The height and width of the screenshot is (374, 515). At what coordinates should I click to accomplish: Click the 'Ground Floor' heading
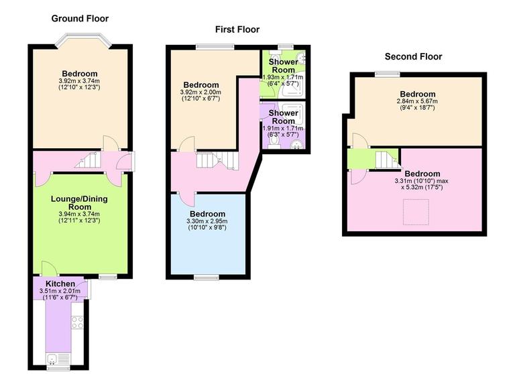coord(80,19)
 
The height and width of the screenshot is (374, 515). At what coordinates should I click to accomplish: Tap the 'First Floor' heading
coord(237,29)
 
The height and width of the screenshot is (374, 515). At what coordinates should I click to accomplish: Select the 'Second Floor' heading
coord(412,56)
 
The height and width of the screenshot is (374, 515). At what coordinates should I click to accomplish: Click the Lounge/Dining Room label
coord(80,203)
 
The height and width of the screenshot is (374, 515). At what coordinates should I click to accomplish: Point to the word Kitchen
coord(60,284)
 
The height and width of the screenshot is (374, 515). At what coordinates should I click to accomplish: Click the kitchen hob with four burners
coord(77,322)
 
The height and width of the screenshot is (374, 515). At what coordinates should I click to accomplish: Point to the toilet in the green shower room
coord(302,59)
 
